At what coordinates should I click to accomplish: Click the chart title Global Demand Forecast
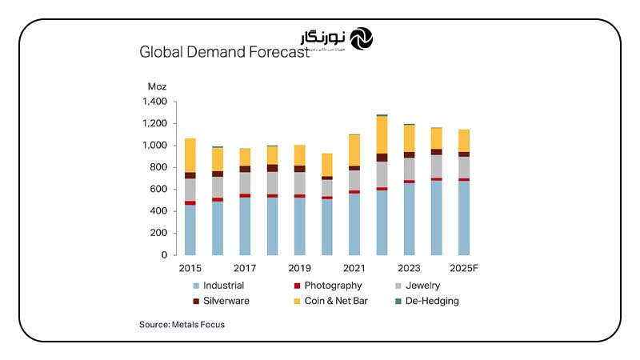[x=224, y=53]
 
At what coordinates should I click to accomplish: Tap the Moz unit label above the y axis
[x=156, y=86]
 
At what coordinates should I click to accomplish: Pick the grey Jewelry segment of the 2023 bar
[x=409, y=169]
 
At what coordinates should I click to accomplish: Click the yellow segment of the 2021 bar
[x=354, y=150]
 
